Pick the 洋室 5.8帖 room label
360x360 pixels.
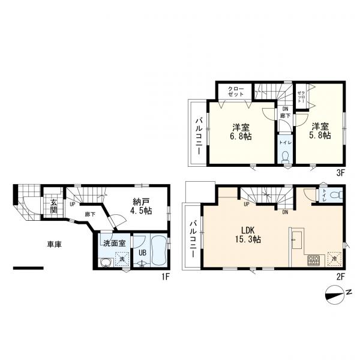click(321, 131)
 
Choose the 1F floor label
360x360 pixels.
click(166, 277)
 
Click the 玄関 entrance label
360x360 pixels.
click(53, 206)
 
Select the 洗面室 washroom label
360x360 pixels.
click(113, 244)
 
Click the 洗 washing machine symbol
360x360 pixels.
click(122, 259)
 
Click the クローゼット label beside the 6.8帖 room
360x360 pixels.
click(235, 91)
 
